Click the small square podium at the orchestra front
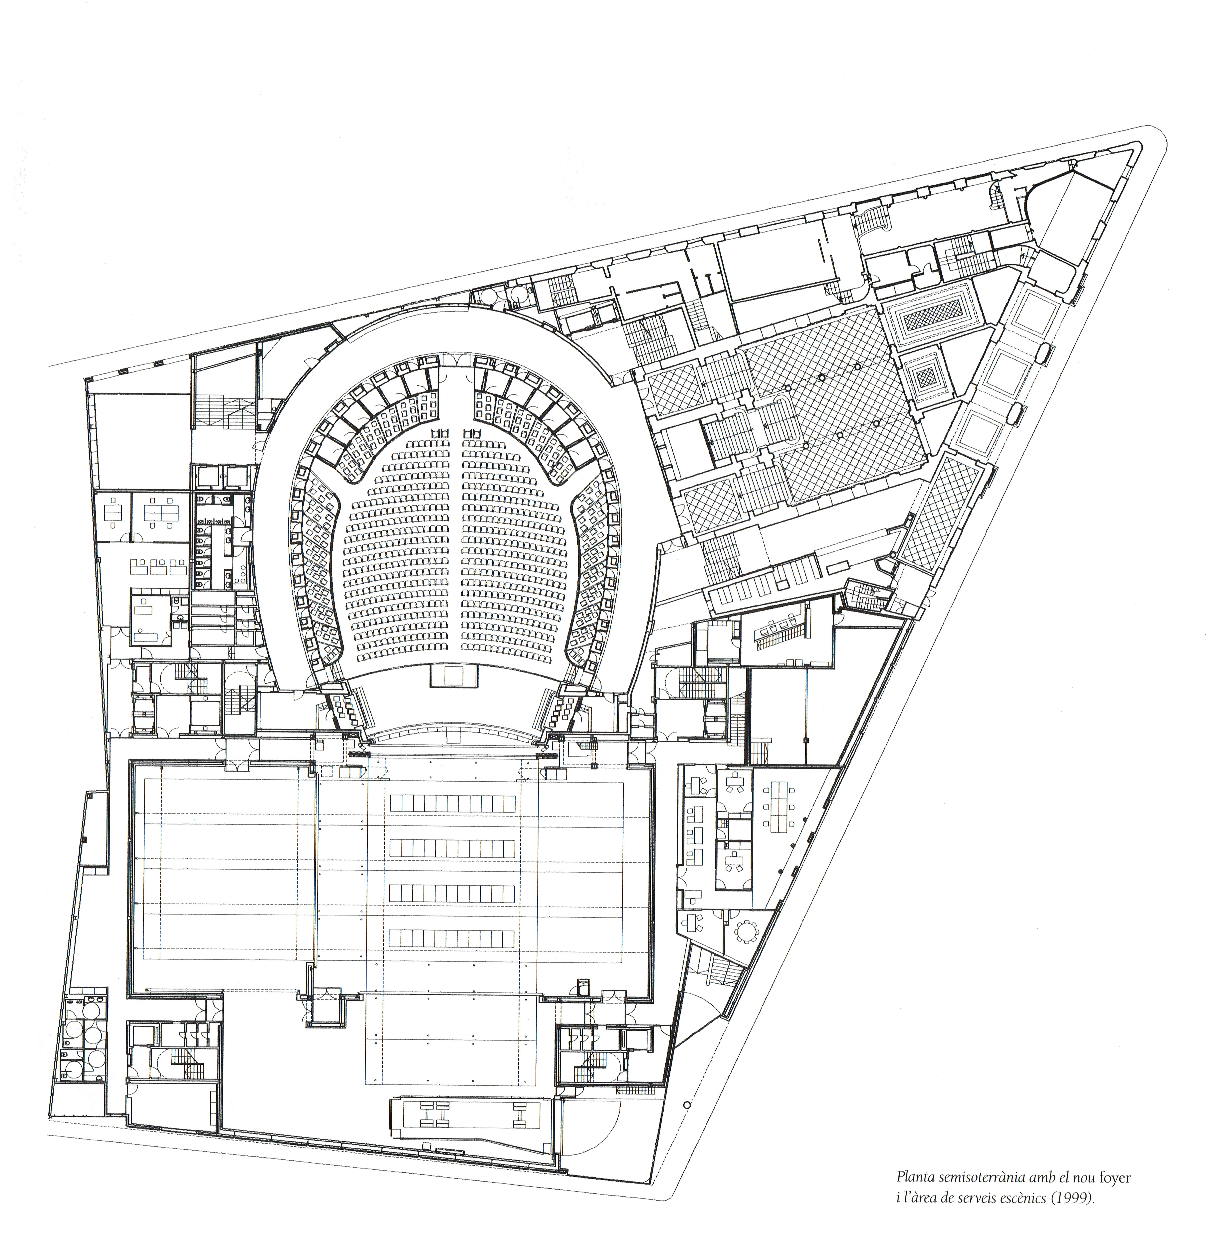[x=453, y=675]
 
